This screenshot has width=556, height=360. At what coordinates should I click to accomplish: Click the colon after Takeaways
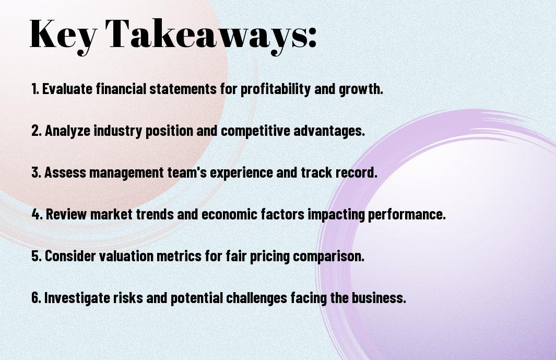[x=312, y=37]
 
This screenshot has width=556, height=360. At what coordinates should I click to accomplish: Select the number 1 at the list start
[x=35, y=89]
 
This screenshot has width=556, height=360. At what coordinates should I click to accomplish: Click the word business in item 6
[x=378, y=298]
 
